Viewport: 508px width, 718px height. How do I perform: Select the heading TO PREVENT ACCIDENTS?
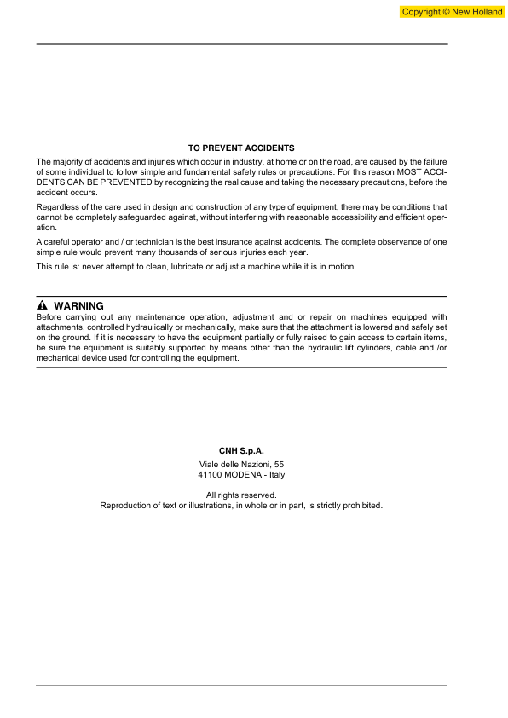241,148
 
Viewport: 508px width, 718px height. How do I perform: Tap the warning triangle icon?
42,306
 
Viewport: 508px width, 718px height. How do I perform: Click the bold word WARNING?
78,306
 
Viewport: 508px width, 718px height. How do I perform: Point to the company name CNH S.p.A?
241,449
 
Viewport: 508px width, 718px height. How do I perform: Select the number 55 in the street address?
278,463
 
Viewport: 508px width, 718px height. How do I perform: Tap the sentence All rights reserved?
241,495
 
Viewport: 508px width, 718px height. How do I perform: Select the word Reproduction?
128,505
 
